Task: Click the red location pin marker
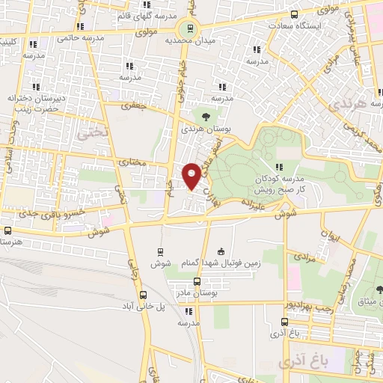192,176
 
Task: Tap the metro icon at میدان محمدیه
191,29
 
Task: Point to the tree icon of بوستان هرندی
203,115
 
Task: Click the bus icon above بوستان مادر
197,281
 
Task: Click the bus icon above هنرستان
8,231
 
